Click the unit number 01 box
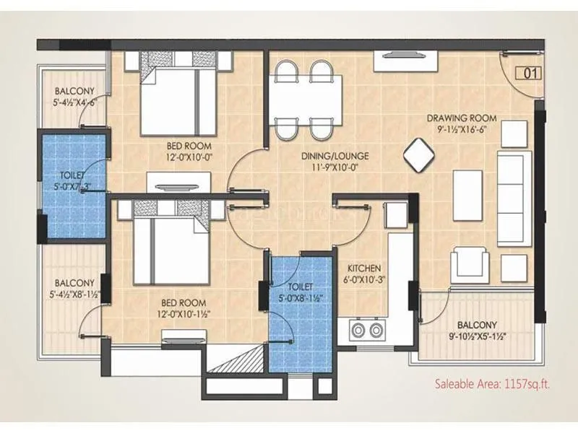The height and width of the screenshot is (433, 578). pyautogui.click(x=530, y=73)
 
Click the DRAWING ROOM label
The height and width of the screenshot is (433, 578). pyautogui.click(x=460, y=118)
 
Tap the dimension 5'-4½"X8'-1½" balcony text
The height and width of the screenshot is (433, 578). pyautogui.click(x=74, y=294)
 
